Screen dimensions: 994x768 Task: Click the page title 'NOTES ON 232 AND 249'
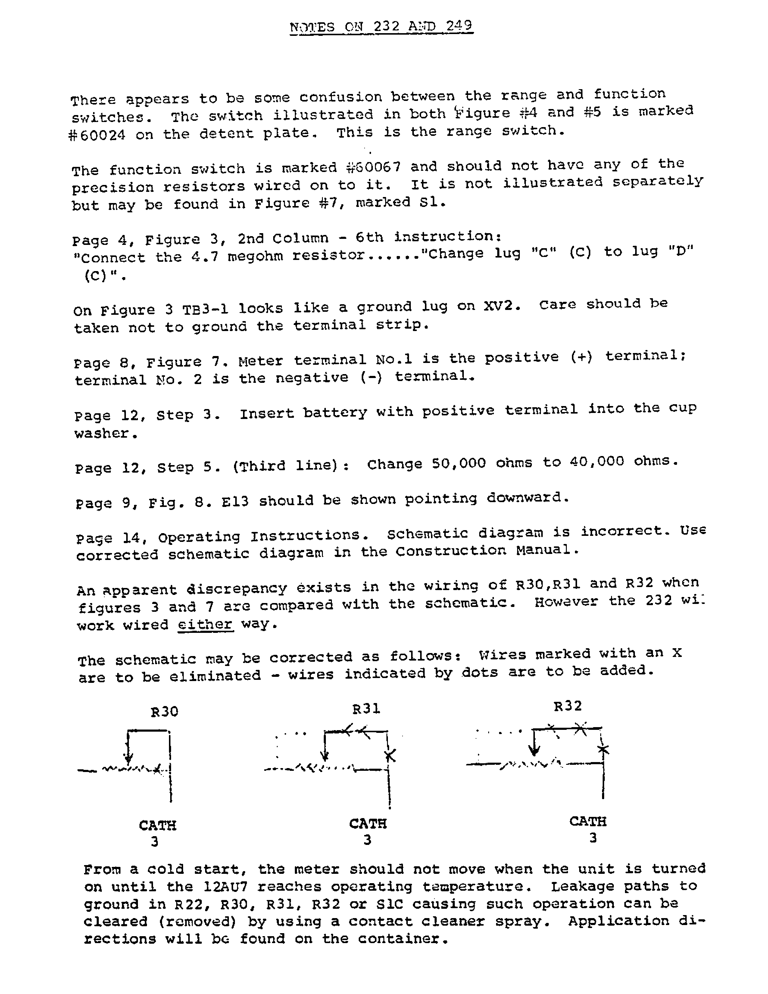pos(381,27)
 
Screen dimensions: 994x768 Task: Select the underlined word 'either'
pos(205,624)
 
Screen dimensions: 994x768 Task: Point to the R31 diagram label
pos(366,709)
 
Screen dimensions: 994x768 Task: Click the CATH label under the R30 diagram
pos(158,825)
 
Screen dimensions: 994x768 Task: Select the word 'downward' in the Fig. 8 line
pos(527,498)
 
